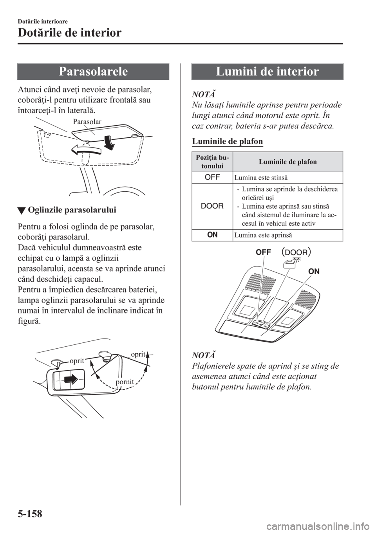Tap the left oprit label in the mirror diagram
77,361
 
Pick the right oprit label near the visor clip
138,354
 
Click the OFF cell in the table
212,178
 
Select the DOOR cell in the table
212,206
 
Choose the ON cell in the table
212,235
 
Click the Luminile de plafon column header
288,162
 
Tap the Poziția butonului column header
212,162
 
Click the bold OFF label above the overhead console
263,253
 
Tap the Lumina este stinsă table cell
253,178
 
